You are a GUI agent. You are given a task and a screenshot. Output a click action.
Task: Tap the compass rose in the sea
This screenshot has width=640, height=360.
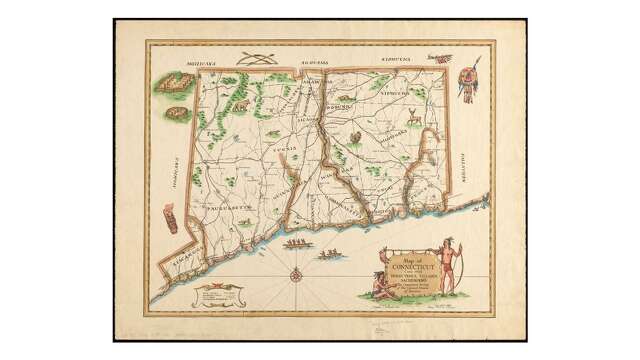click(298, 273)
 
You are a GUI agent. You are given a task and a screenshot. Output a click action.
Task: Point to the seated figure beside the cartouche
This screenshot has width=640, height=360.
click(381, 284)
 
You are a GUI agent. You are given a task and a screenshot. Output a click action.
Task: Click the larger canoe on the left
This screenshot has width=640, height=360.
click(296, 244)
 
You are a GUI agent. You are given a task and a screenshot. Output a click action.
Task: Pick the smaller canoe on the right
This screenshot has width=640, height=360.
click(329, 255)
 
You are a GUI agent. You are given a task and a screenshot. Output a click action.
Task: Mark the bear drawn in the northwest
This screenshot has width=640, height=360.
click(240, 104)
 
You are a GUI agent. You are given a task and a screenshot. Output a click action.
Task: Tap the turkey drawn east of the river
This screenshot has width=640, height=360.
click(353, 137)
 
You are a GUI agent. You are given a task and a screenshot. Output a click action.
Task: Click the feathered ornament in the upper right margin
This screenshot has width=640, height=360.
click(468, 80)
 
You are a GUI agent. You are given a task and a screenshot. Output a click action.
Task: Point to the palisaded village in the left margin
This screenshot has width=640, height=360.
click(171, 86)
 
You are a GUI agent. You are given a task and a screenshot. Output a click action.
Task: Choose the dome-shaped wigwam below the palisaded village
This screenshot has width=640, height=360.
click(177, 115)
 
